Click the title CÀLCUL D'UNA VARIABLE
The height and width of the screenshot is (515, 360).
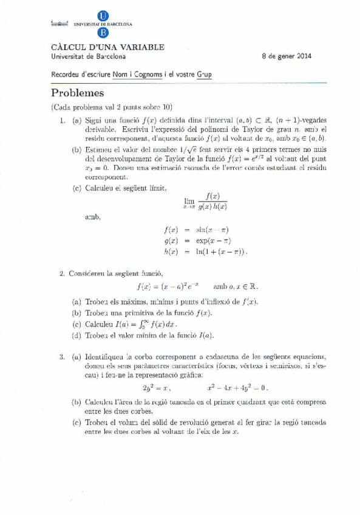[x=107, y=47]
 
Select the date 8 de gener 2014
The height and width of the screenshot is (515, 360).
[x=287, y=56]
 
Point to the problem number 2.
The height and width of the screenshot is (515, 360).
[x=63, y=273]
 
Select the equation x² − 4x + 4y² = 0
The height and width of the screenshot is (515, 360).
[x=237, y=387]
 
